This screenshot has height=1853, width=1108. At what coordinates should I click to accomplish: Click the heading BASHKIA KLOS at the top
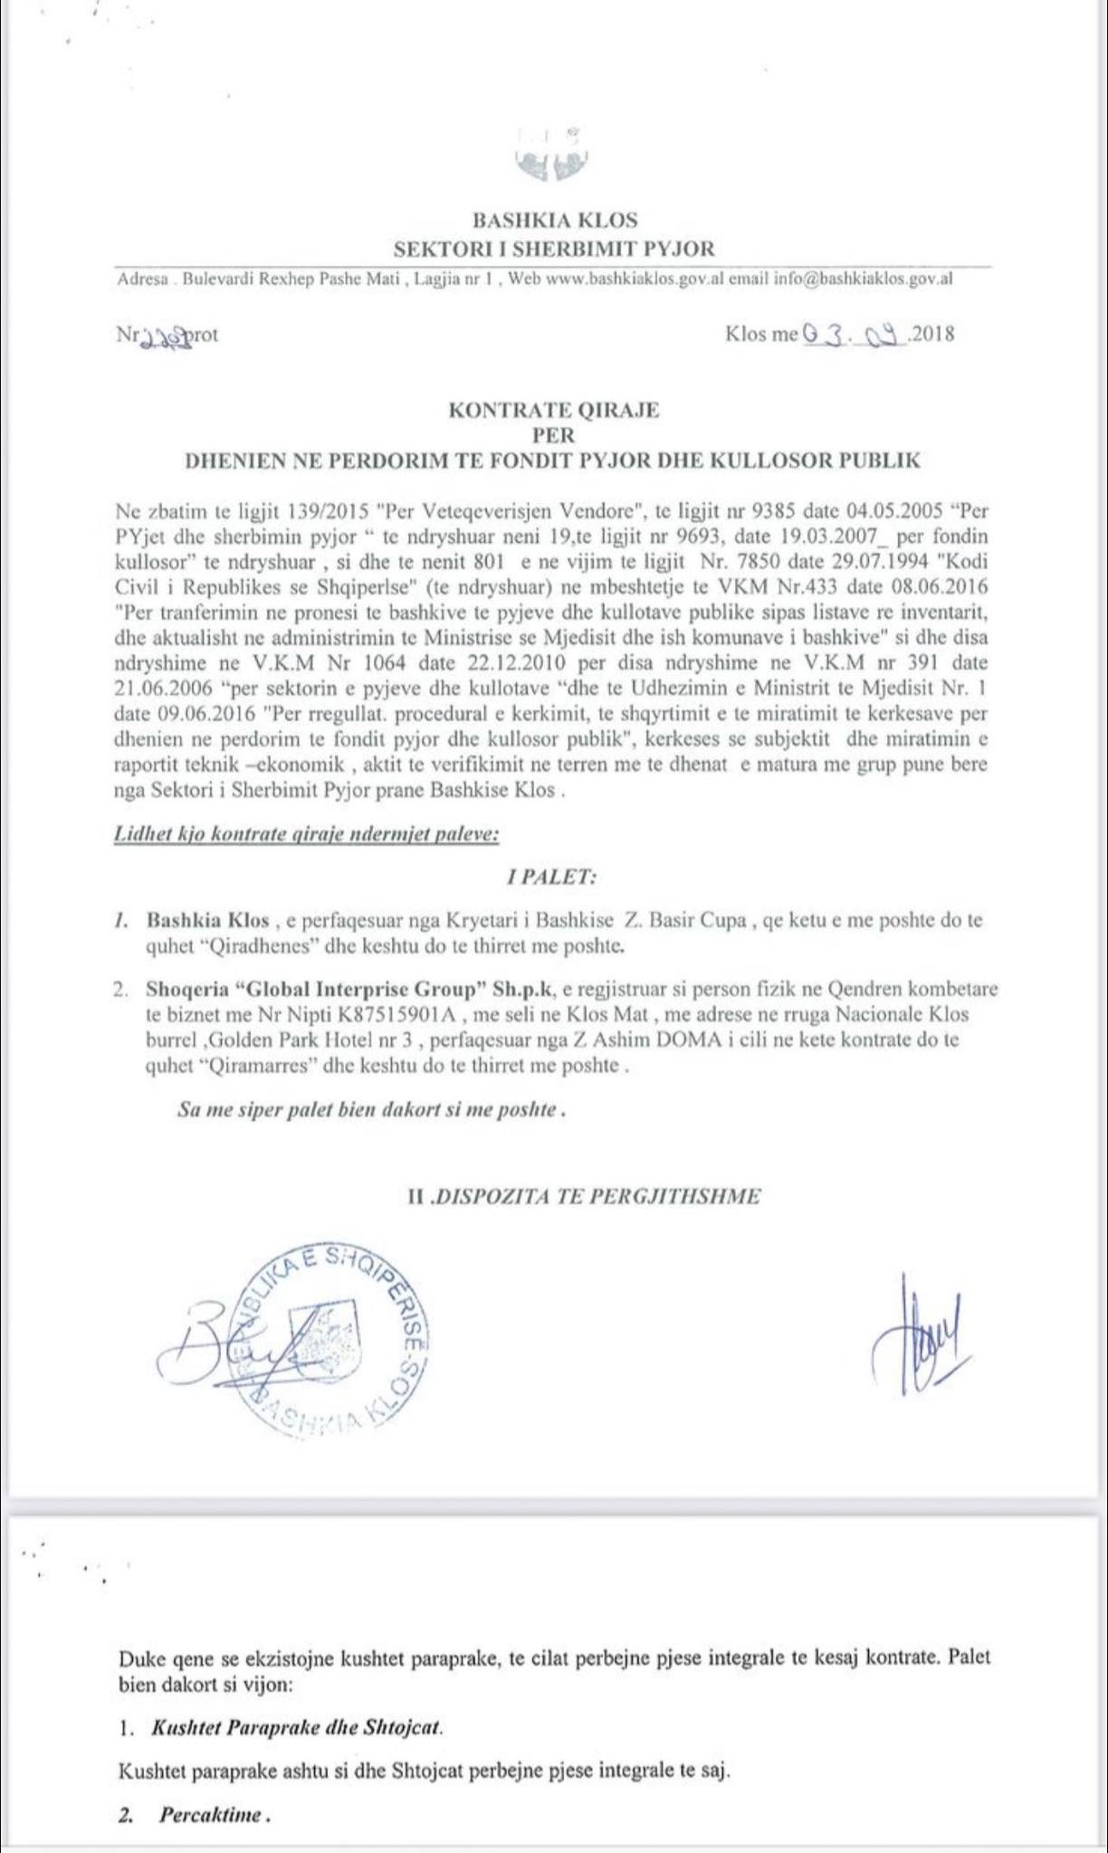click(554, 220)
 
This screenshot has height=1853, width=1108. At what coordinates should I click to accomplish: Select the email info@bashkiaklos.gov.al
click(864, 280)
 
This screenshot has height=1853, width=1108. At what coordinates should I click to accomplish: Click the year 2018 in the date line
click(931, 335)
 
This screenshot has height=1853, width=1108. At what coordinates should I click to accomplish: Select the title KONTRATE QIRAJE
click(554, 410)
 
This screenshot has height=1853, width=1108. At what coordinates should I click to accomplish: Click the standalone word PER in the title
click(554, 435)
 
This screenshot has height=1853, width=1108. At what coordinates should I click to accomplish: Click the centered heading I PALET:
click(551, 877)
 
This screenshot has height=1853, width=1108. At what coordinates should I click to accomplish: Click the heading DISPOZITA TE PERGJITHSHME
click(595, 1196)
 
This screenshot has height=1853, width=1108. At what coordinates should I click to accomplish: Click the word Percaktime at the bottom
click(212, 1814)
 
